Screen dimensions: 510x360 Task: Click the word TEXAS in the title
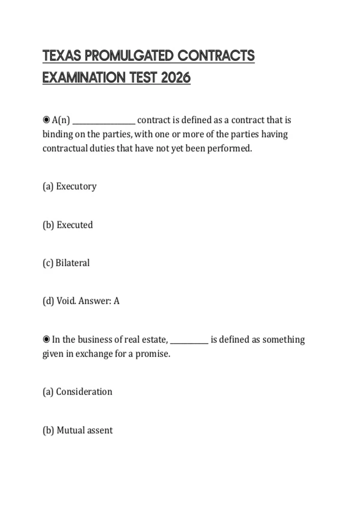click(62, 56)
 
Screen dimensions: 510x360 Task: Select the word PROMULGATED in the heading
click(129, 56)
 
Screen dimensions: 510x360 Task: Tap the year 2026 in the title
click(176, 78)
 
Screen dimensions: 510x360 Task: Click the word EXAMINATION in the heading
click(84, 78)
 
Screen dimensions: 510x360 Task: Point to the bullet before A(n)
click(46, 120)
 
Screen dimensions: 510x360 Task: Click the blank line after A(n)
click(104, 122)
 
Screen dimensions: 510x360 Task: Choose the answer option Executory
click(76, 186)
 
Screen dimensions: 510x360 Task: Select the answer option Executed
click(75, 225)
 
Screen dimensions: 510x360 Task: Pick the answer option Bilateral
click(73, 263)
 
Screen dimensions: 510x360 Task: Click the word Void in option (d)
click(66, 301)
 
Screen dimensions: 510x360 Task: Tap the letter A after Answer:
click(116, 301)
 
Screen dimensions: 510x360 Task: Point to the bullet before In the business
click(46, 340)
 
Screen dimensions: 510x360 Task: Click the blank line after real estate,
click(189, 342)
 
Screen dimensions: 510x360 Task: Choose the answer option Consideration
click(84, 392)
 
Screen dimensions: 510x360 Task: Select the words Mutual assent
click(85, 430)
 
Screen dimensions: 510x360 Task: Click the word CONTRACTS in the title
click(216, 56)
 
